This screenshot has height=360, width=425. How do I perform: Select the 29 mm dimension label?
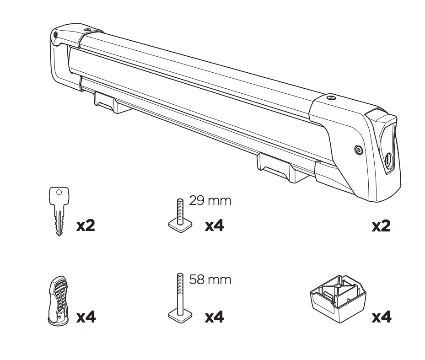210,200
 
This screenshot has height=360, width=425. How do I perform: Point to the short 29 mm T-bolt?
178,215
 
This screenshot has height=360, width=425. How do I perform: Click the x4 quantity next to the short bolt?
214,226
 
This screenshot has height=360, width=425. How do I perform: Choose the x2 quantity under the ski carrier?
381,226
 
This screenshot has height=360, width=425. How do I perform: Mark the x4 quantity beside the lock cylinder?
86,317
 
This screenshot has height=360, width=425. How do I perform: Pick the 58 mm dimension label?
210,279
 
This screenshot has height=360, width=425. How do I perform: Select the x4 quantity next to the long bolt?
214,317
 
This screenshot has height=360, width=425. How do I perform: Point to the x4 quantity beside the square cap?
381,317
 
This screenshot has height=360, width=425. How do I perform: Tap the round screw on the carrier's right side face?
358,150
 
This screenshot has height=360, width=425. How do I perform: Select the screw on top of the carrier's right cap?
331,97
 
